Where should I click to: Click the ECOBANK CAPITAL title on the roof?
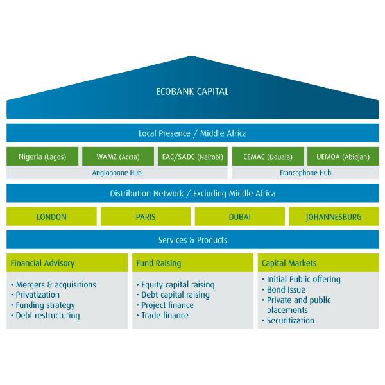[192, 91]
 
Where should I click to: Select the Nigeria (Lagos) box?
[42, 157]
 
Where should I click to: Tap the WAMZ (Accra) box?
[117, 157]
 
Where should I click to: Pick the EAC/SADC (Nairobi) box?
[192, 157]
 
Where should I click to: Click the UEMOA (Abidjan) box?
[343, 157]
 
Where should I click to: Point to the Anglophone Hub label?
[117, 173]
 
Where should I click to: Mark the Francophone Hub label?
[305, 173]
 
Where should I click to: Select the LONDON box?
[51, 217]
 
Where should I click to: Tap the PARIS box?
[146, 217]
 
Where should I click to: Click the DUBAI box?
[239, 217]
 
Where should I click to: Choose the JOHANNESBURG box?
[334, 217]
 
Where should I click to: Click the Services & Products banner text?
[193, 240]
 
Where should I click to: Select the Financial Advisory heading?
[43, 263]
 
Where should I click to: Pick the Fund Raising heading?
[158, 263]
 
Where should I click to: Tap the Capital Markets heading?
[289, 263]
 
